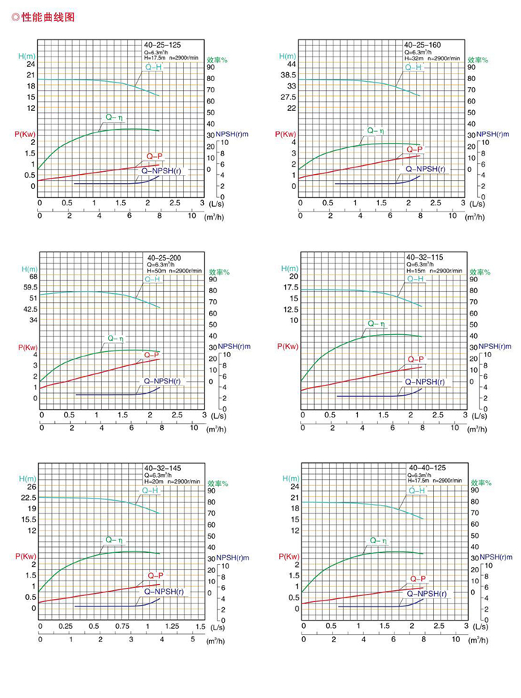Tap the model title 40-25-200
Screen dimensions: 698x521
(x=163, y=257)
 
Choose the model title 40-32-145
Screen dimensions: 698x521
(x=163, y=467)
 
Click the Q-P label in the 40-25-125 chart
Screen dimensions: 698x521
(x=155, y=157)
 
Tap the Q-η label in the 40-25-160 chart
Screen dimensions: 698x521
(x=376, y=129)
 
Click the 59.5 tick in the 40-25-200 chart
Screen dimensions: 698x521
(x=30, y=287)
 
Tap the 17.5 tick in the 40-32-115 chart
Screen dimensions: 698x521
(x=289, y=287)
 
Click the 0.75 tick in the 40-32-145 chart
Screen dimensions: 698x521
(x=121, y=627)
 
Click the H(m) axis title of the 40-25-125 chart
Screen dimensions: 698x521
(x=27, y=56)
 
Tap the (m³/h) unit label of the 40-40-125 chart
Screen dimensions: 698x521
(x=475, y=641)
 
